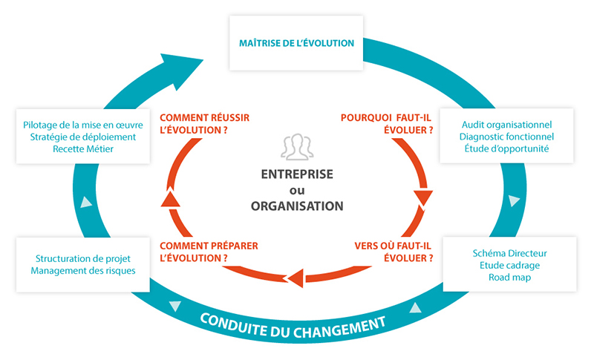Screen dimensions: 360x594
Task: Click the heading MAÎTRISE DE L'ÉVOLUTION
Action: click(x=296, y=43)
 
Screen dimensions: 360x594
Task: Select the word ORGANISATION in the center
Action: click(x=296, y=206)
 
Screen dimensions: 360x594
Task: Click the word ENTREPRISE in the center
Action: click(x=296, y=174)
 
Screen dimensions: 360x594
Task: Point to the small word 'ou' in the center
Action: click(x=296, y=191)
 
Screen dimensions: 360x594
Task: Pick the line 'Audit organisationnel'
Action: click(x=506, y=124)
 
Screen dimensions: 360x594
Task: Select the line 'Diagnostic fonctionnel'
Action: click(x=506, y=136)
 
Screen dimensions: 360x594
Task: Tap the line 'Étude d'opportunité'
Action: click(x=506, y=148)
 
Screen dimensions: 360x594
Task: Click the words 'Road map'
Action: click(x=509, y=277)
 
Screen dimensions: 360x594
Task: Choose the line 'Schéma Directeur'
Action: click(x=509, y=253)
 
